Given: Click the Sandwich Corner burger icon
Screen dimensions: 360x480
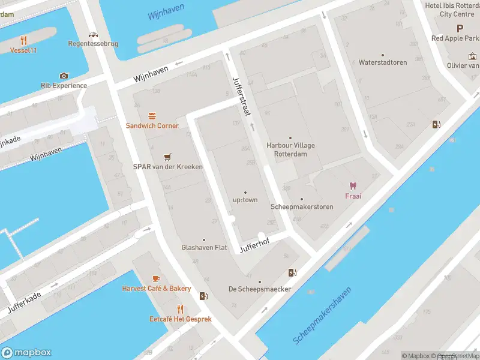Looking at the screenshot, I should [152, 116].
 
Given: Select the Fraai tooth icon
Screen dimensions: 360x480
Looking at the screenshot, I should [352, 186].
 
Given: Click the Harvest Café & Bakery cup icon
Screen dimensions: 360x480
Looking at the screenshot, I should [157, 278].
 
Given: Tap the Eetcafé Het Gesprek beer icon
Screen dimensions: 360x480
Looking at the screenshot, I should [180, 309].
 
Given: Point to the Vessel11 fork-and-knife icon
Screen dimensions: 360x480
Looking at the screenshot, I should [23, 40].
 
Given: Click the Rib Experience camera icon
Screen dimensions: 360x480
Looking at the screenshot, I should [64, 76].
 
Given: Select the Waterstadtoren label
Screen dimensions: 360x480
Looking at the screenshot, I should [383, 62].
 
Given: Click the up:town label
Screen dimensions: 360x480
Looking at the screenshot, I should [245, 200].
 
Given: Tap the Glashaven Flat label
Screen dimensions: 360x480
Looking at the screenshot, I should [203, 247].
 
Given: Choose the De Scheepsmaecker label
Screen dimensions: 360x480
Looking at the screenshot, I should [260, 289].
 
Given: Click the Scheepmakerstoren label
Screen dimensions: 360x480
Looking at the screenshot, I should [301, 207].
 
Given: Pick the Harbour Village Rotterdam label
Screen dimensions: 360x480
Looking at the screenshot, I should [290, 149].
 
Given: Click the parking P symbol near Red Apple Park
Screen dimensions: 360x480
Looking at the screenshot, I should [460, 28].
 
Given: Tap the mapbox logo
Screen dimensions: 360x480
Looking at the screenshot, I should [26, 353].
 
